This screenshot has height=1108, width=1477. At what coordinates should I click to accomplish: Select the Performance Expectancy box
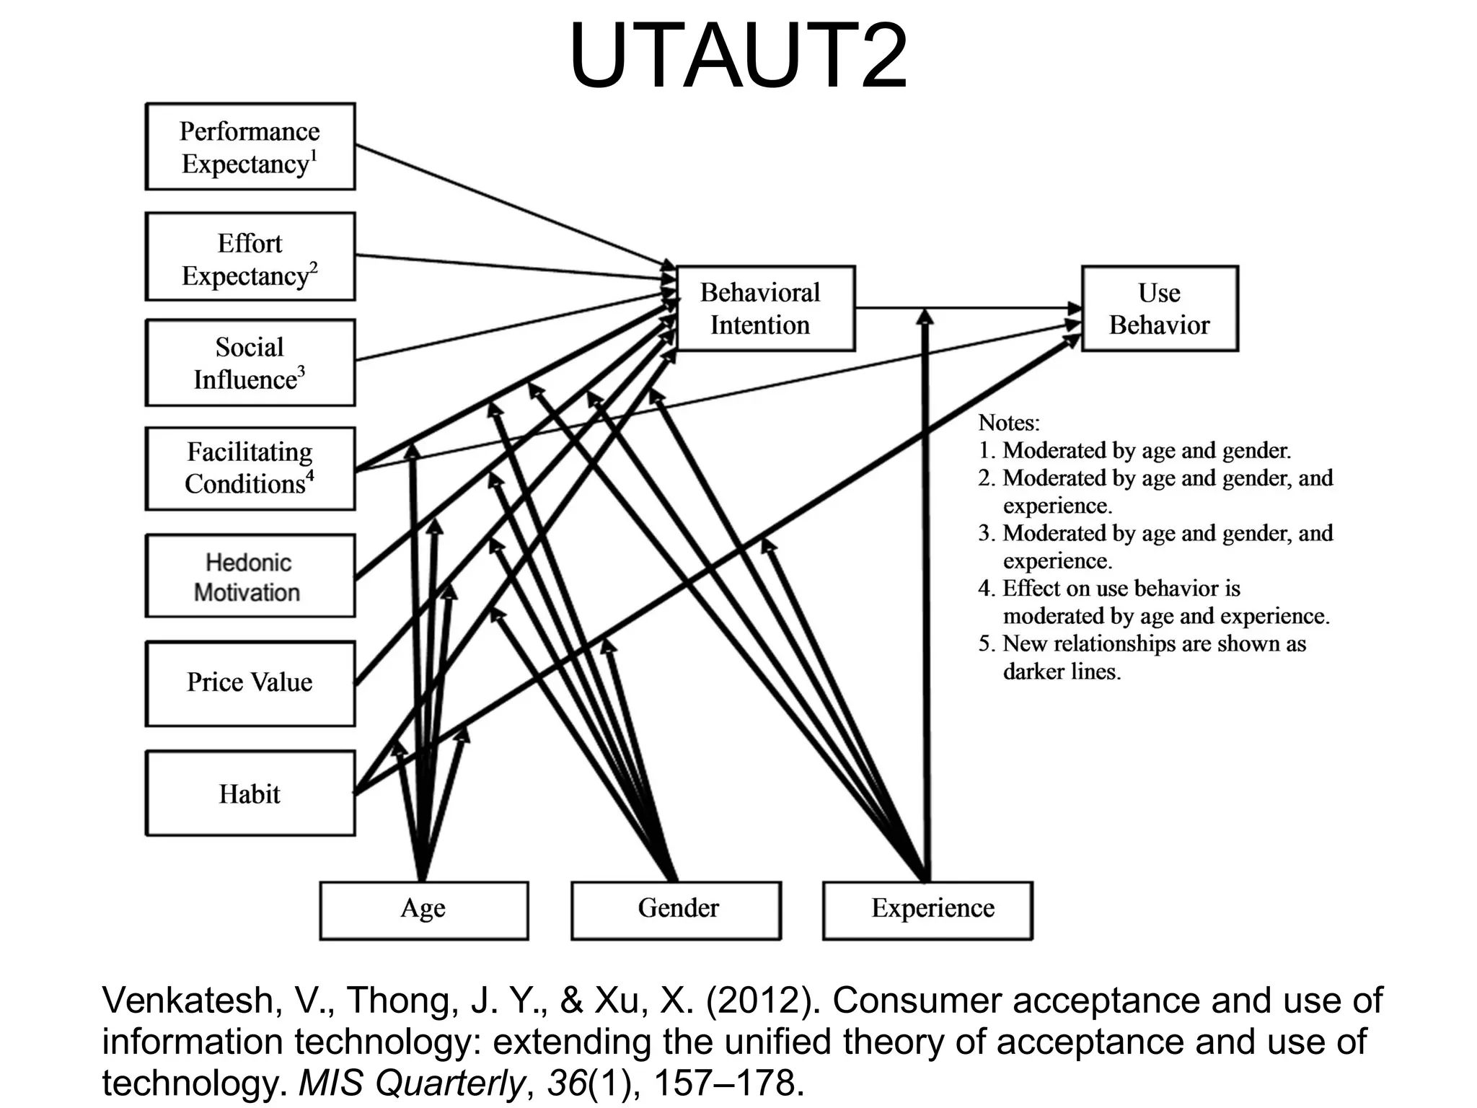(x=250, y=147)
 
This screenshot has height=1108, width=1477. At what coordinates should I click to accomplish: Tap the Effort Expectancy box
(x=250, y=258)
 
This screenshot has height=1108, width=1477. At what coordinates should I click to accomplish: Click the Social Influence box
(x=250, y=363)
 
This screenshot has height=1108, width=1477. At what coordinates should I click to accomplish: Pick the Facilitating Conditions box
(x=250, y=469)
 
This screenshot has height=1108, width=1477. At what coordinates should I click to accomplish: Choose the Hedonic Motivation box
(x=250, y=576)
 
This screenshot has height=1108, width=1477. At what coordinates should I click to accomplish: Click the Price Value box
(x=250, y=683)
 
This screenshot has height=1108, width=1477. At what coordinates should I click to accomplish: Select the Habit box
(x=250, y=793)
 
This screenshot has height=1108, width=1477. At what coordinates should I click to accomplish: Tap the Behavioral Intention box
(x=764, y=309)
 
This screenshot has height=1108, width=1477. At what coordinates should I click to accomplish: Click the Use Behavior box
(x=1159, y=309)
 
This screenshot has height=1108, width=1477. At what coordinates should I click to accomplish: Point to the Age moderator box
(x=424, y=910)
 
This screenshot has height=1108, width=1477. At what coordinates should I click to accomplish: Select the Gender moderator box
(x=676, y=910)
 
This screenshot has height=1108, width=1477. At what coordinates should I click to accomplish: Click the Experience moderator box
(x=927, y=910)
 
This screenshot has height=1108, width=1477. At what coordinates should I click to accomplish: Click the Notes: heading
(x=1008, y=423)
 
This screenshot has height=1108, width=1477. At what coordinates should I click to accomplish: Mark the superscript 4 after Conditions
(x=310, y=475)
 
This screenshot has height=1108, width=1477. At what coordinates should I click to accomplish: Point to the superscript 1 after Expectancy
(x=314, y=155)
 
